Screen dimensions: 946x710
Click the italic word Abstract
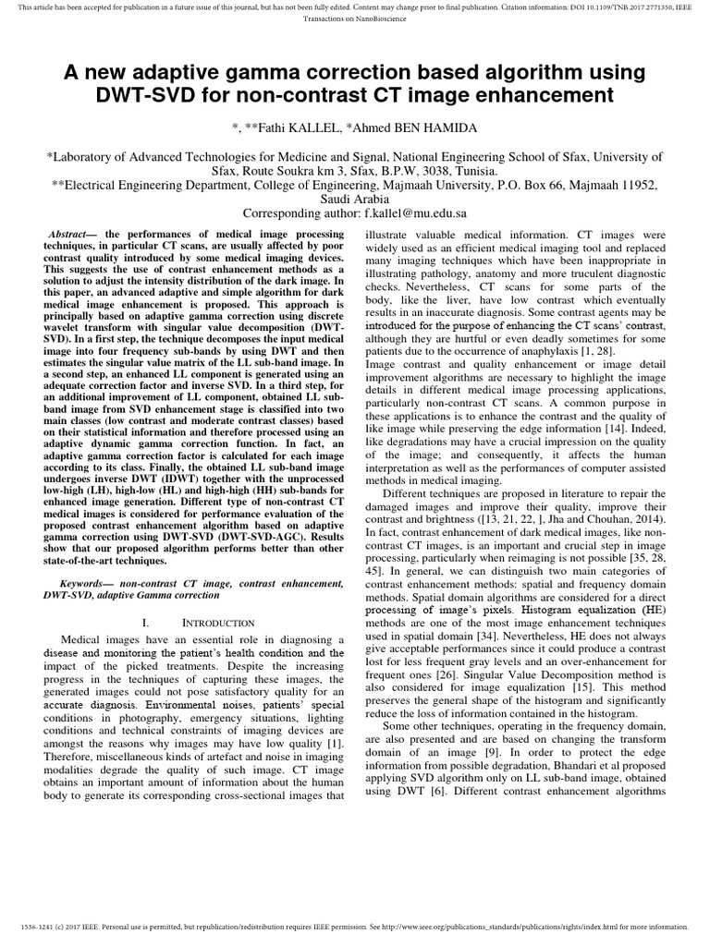tap(71, 236)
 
